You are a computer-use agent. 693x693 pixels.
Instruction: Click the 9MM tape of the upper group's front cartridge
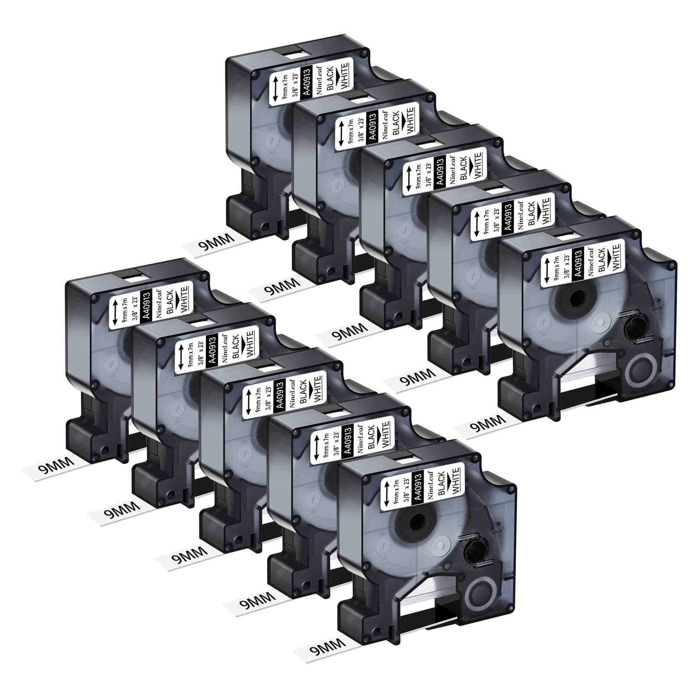pos(481,424)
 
